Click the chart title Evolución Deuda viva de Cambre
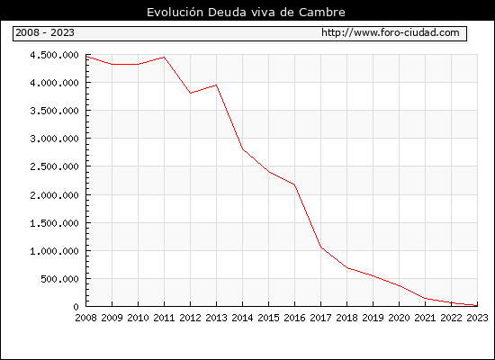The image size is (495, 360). point(246,13)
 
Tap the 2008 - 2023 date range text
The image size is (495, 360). point(45,32)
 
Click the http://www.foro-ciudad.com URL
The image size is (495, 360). point(391,32)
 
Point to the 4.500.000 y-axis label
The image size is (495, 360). point(54,55)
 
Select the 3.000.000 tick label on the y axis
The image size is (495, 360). point(54,139)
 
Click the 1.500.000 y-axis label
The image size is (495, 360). point(54,223)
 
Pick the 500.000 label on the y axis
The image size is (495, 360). point(59,279)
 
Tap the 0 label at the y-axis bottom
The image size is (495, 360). point(76,307)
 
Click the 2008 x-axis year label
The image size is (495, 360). point(85,318)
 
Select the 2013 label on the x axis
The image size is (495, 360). point(216,318)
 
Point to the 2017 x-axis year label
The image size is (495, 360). point(320,318)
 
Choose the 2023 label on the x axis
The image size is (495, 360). point(477,318)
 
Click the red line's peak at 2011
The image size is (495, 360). point(164,58)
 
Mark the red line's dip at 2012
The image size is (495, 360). point(191,94)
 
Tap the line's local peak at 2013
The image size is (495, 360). point(216,85)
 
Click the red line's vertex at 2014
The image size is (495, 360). point(242,149)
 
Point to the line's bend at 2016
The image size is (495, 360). point(294,184)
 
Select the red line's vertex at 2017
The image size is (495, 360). point(321,247)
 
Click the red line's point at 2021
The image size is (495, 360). point(425,298)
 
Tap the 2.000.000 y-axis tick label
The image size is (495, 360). point(54,195)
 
